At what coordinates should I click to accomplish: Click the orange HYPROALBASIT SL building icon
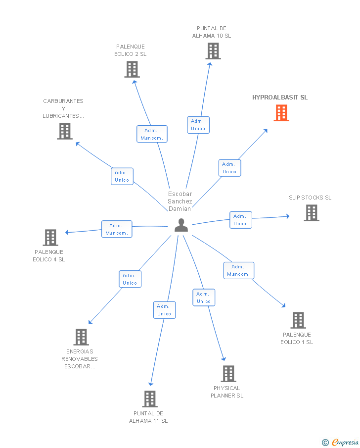click(281, 113)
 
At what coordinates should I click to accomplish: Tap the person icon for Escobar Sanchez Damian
click(181, 225)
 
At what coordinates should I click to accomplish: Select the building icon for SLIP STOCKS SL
click(311, 213)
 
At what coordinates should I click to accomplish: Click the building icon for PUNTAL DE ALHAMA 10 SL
click(213, 51)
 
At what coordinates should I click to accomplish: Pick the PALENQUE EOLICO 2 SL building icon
click(132, 69)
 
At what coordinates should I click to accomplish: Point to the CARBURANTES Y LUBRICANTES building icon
click(64, 131)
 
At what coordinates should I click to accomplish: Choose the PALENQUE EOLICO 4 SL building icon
click(50, 238)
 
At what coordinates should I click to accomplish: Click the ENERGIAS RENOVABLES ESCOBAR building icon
click(81, 337)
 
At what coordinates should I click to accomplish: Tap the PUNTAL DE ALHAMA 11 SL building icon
click(149, 398)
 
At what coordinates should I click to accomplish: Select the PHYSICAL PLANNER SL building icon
click(228, 374)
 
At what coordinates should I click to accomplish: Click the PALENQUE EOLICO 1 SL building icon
click(298, 320)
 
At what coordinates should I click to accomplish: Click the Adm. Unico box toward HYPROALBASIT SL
click(229, 168)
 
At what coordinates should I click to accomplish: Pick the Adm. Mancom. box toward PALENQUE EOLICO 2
click(152, 134)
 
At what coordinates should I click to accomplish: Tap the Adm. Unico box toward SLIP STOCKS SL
click(241, 220)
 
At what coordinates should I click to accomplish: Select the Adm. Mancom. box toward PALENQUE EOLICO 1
click(239, 270)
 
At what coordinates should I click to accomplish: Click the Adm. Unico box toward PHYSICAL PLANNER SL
click(204, 298)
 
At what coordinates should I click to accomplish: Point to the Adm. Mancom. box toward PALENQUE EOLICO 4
click(117, 229)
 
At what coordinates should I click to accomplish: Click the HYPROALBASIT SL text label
click(280, 98)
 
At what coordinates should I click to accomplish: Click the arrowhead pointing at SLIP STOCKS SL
click(287, 216)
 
